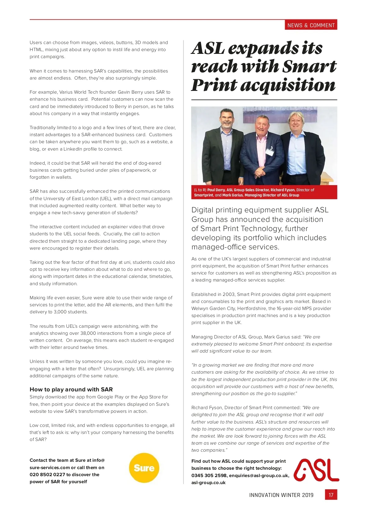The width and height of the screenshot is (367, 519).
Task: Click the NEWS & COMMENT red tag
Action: coord(311,25)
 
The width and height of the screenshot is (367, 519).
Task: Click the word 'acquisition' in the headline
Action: coord(288,85)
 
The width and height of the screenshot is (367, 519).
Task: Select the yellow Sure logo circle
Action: coord(144,468)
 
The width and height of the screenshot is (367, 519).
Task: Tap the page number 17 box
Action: coord(331,495)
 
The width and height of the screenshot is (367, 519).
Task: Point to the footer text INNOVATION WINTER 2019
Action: coord(281,495)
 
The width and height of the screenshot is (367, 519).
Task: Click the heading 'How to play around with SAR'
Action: coord(71,389)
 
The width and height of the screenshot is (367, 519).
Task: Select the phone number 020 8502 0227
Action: coord(47,474)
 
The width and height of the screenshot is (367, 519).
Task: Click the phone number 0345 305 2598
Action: coord(209,475)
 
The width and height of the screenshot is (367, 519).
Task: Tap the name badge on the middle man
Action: coord(269,151)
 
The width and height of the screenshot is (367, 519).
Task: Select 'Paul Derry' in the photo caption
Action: coord(216,190)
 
